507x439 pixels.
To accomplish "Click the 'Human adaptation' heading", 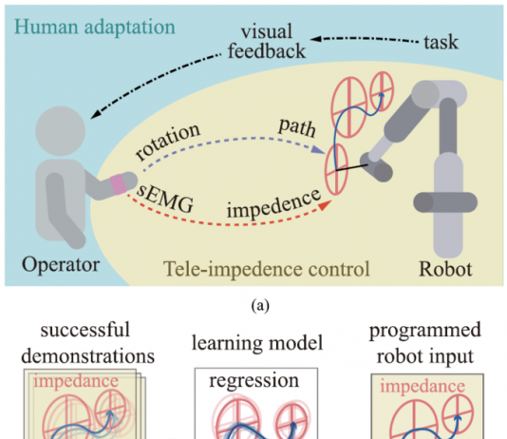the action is (x=95, y=28).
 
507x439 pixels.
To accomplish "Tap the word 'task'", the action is (x=441, y=42).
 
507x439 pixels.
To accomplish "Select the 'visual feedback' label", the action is (x=267, y=42).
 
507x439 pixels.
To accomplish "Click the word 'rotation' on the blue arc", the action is (x=168, y=142).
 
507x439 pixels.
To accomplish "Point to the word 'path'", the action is (x=297, y=127).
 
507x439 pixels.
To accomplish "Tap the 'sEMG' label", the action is (x=165, y=199).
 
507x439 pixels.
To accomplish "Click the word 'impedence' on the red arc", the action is (x=273, y=203).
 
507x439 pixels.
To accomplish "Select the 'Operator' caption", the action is (x=61, y=265).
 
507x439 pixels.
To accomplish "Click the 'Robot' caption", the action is (x=445, y=269).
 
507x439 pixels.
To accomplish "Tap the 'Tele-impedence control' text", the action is (x=267, y=269).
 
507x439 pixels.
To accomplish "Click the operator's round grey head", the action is (x=61, y=131).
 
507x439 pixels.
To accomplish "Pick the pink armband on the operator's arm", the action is (x=118, y=184).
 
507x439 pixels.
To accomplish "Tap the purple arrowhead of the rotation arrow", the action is (x=318, y=149).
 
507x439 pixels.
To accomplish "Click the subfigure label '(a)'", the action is (x=260, y=305).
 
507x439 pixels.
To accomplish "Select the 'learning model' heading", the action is (x=257, y=343).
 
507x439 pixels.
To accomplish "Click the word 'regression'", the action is (x=253, y=380).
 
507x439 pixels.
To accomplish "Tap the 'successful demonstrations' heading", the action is (x=87, y=343).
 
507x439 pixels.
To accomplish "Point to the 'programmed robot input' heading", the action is (x=425, y=343).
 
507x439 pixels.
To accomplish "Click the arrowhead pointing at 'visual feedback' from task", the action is (x=315, y=39).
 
